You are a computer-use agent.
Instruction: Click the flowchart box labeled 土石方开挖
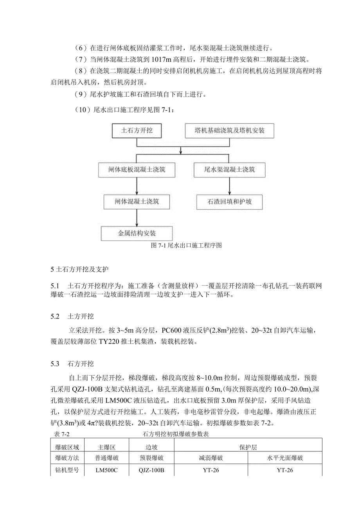[137, 131]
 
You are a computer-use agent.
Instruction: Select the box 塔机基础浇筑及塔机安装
[229, 131]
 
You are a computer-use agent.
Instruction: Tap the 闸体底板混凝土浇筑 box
[137, 170]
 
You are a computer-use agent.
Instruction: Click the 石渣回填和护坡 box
[229, 202]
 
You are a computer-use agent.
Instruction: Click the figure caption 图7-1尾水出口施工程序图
[187, 246]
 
